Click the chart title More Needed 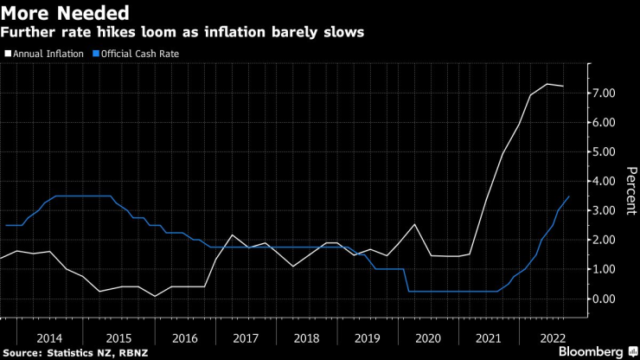pos(66,13)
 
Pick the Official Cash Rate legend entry pos(144,54)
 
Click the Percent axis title pos(630,190)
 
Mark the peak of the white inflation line pos(547,84)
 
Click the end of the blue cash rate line pos(569,196)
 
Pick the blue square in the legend pos(95,54)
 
